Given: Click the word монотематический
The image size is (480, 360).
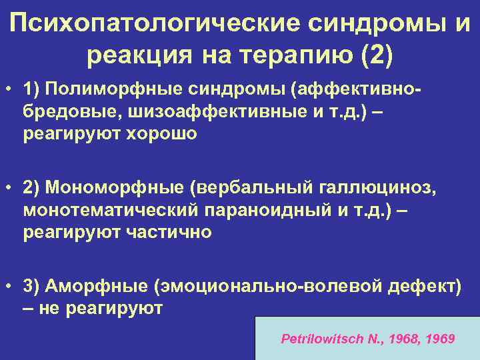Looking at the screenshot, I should pyautogui.click(x=111, y=212).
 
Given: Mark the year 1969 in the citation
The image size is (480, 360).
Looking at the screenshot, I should pyautogui.click(x=440, y=339).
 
